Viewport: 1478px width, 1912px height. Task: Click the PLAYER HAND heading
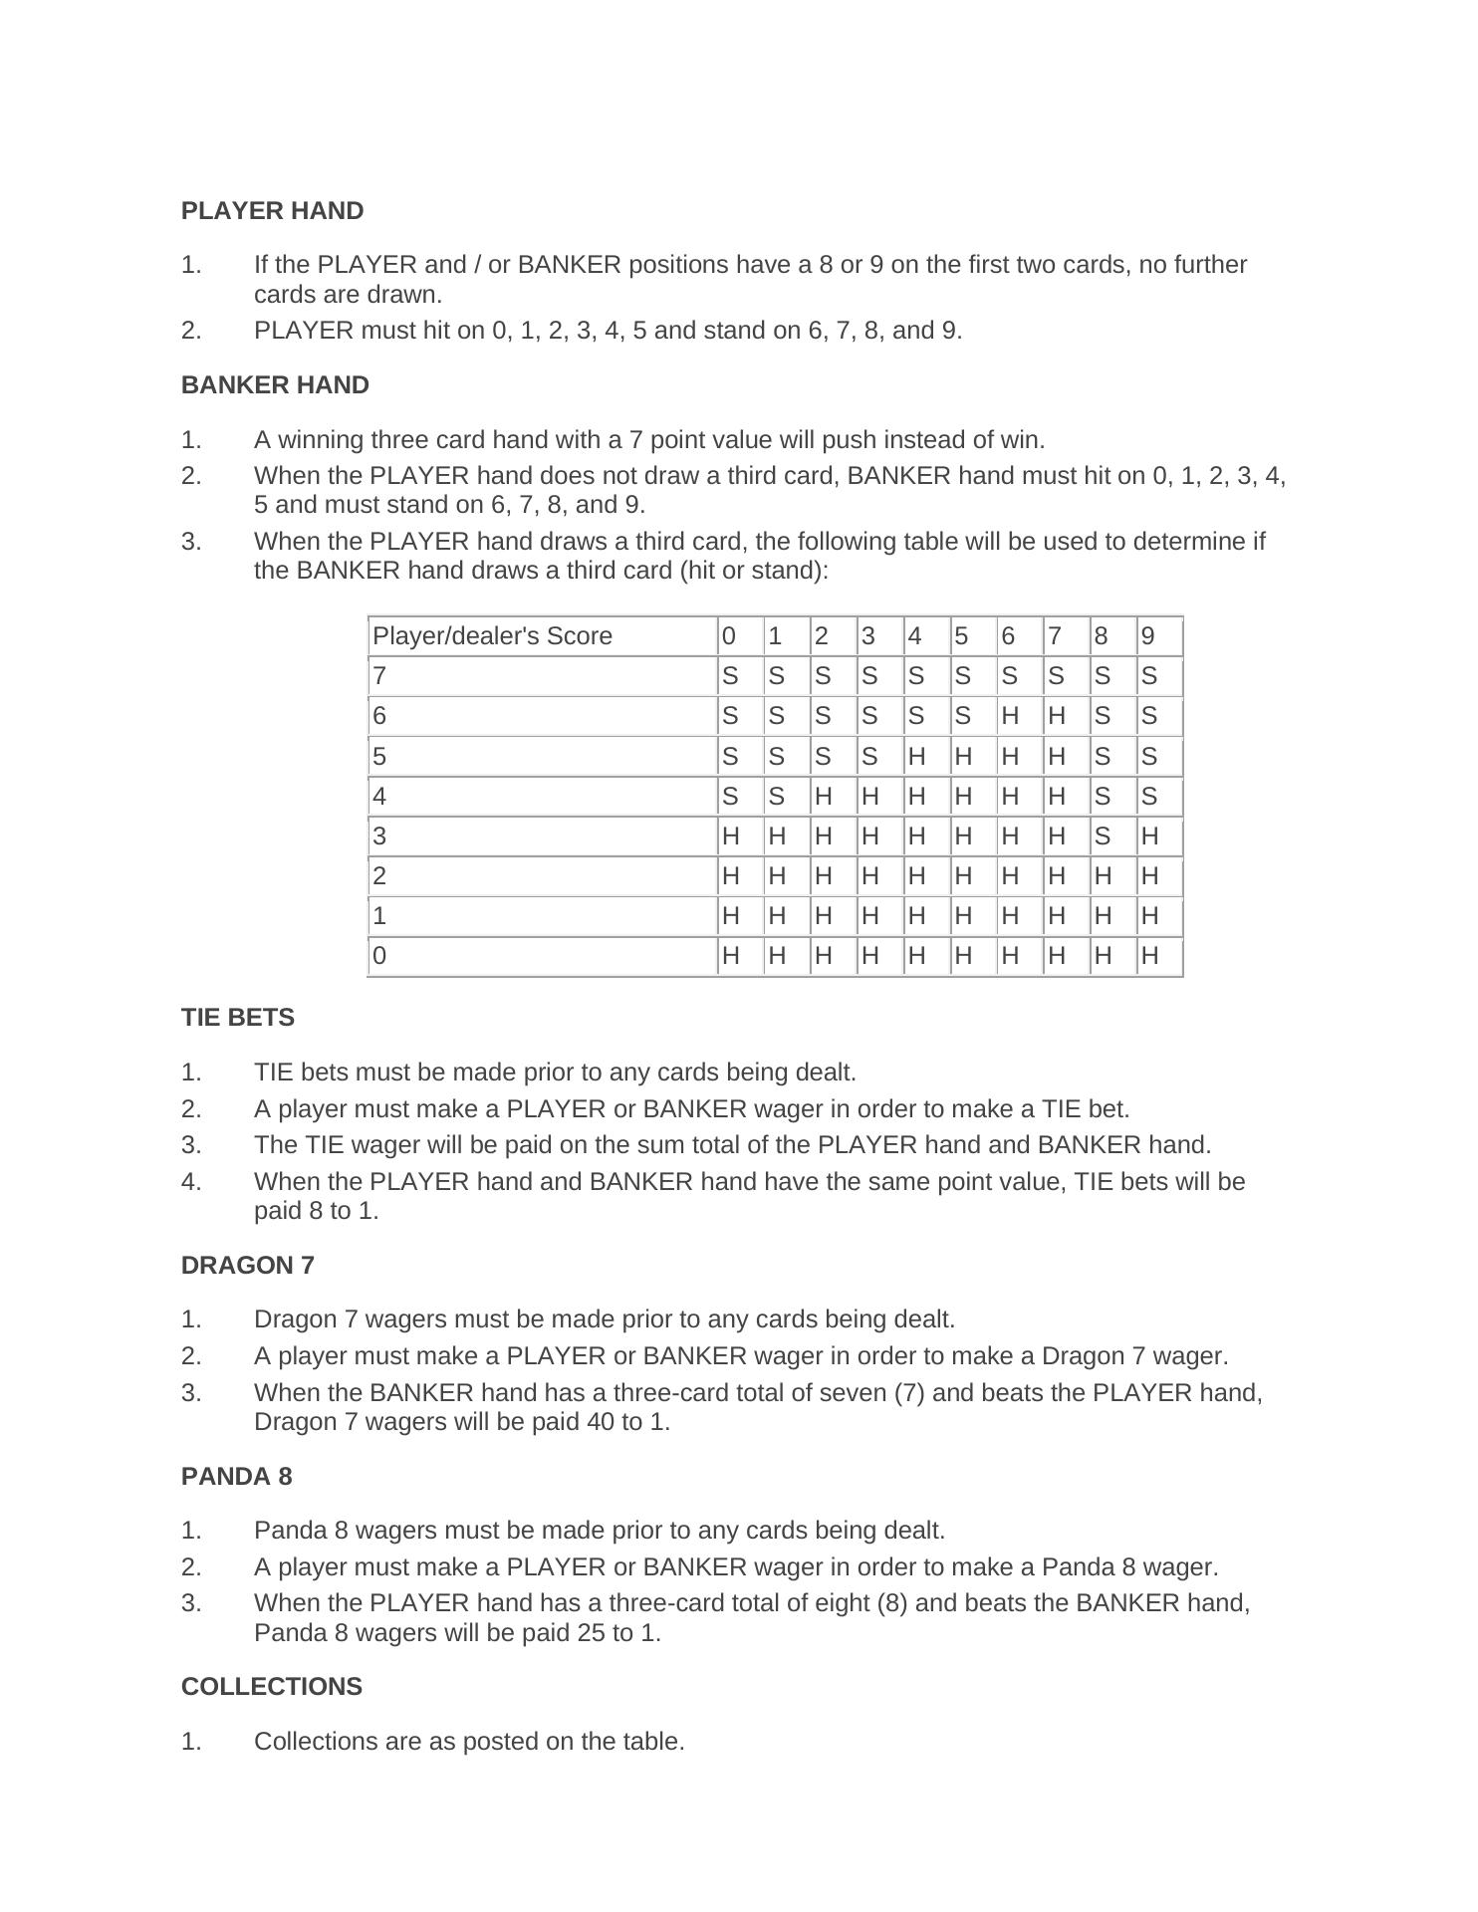point(272,211)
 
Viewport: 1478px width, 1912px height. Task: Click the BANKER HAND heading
point(275,385)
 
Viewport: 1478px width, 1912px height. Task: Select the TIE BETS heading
point(238,1018)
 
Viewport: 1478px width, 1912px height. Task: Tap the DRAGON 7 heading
point(247,1266)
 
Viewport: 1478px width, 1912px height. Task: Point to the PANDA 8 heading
point(237,1477)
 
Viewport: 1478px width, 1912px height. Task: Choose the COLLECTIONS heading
point(272,1687)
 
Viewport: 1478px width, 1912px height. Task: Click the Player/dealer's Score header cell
point(492,636)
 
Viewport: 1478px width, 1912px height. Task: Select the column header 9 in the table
point(1148,636)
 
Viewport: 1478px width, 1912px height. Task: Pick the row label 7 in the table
point(379,677)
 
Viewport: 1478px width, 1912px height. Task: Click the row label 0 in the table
point(379,956)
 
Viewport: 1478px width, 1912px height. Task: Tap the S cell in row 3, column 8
point(1102,836)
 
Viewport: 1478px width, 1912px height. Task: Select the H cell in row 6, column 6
point(1009,717)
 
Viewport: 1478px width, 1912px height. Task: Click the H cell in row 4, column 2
point(822,797)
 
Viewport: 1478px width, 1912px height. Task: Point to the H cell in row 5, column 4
point(915,757)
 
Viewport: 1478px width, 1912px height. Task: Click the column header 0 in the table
point(729,636)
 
